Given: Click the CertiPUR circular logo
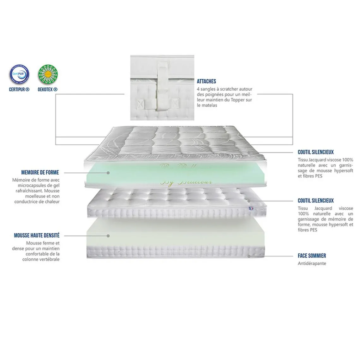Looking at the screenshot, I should click(x=19, y=75).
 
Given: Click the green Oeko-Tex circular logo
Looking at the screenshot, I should click(x=48, y=75).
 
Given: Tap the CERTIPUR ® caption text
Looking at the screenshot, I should click(x=19, y=89).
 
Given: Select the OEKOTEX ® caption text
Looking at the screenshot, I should click(x=48, y=89).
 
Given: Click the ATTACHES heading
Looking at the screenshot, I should click(x=207, y=81).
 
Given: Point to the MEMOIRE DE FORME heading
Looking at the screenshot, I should click(x=40, y=172).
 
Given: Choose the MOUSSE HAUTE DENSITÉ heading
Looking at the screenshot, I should click(x=37, y=235).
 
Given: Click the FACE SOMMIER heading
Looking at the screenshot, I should click(x=312, y=256).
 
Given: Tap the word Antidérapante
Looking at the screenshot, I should click(x=312, y=263).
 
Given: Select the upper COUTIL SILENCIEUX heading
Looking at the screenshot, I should click(x=315, y=152).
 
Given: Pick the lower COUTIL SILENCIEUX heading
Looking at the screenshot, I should click(x=315, y=201).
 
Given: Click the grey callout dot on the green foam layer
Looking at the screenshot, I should click(x=108, y=173).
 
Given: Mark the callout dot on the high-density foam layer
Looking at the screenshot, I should click(x=108, y=236).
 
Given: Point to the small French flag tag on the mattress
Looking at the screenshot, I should click(x=251, y=208).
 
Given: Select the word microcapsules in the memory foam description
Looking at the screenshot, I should click(x=31, y=185).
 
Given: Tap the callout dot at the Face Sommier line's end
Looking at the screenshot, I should click(x=249, y=256).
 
